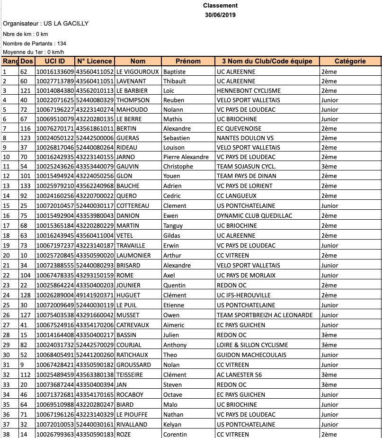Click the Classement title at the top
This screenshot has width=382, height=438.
coord(220,6)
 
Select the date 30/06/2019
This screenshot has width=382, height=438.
coord(220,15)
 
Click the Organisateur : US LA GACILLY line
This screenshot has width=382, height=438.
coord(45,24)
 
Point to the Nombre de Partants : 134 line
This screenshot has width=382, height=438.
coord(35,44)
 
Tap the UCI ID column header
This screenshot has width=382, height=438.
coord(55,61)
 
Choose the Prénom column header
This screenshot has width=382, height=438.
coord(188,61)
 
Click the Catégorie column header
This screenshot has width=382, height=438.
coord(350,61)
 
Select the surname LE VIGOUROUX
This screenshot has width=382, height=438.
coord(138,72)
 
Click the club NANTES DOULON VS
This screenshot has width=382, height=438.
coord(245,138)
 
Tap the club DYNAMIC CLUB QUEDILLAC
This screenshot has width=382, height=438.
coord(254,216)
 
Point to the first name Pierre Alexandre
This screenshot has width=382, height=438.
coord(186,157)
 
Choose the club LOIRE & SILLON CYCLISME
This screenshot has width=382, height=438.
coord(252,345)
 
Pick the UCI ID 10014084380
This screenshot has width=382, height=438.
coord(55,91)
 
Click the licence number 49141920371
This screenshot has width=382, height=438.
coord(95,295)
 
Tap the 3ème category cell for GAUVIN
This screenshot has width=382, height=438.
coord(329,167)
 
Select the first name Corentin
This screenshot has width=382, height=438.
coord(175,434)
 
